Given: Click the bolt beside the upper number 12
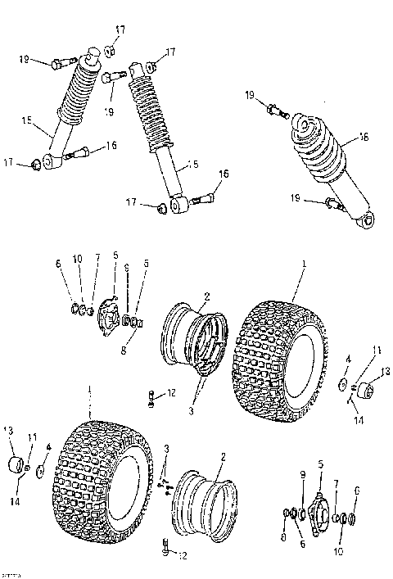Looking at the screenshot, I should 153,398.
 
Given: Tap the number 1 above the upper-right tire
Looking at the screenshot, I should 304,265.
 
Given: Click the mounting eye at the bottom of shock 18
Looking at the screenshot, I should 369,219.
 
